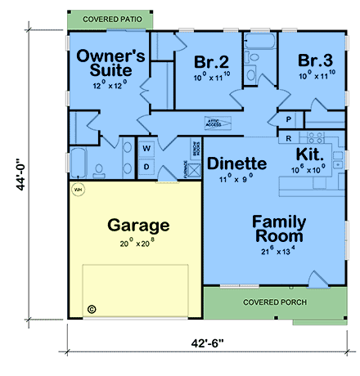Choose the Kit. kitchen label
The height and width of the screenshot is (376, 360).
310,155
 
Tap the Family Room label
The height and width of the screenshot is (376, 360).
278,229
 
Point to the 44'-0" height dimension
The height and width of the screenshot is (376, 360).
17,173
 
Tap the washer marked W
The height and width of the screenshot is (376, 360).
148,149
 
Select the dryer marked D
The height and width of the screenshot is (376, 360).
148,167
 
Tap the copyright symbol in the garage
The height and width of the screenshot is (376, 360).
92,309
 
